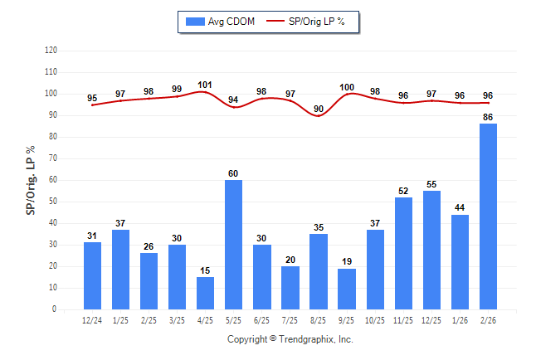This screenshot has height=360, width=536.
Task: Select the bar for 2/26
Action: click(x=488, y=216)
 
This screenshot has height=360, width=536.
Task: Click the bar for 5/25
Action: click(x=233, y=245)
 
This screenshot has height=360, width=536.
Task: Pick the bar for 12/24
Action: click(x=92, y=275)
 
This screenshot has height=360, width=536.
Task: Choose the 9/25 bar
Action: click(x=346, y=289)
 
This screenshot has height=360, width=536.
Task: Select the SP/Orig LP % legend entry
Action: click(x=316, y=21)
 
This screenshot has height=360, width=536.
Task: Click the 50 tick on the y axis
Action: click(x=52, y=202)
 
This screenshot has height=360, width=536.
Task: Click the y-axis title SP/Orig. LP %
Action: click(x=31, y=179)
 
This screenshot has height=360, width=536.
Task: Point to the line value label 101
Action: click(x=205, y=85)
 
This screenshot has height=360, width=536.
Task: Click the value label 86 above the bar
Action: click(x=488, y=117)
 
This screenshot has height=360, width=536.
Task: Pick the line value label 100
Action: click(x=346, y=87)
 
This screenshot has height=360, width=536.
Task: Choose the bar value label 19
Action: click(x=346, y=262)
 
